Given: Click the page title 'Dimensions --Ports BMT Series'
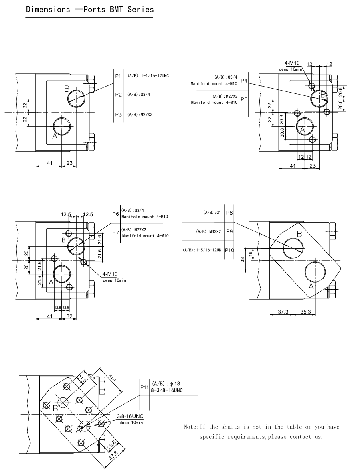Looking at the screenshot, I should pyautogui.click(x=89, y=9).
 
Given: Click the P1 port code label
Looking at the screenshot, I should pyautogui.click(x=118, y=76).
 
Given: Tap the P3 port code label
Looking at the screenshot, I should pyautogui.click(x=118, y=115).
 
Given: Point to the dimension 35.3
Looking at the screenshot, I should pyautogui.click(x=305, y=312).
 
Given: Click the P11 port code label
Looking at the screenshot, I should pyautogui.click(x=144, y=387).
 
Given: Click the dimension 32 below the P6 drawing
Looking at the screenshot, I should pyautogui.click(x=69, y=316).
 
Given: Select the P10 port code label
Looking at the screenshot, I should pyautogui.click(x=229, y=250).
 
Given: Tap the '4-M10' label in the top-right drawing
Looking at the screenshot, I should pyautogui.click(x=292, y=63).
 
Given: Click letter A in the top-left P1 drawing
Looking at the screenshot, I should pyautogui.click(x=55, y=137).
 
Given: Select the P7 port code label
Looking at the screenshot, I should pyautogui.click(x=116, y=233).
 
